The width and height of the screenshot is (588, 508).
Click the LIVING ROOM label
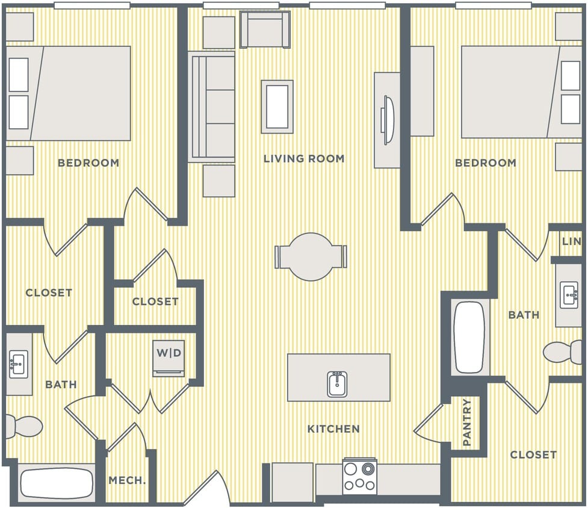(x=304, y=159)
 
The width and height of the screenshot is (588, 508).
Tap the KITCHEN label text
(x=333, y=429)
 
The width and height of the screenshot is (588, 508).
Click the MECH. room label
(x=126, y=480)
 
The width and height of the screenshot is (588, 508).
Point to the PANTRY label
(x=468, y=423)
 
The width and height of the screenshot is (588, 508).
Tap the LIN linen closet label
(x=571, y=241)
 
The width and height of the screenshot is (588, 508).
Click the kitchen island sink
(x=338, y=383)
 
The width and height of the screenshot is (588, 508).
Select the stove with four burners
(x=359, y=476)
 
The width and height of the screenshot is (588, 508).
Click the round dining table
(x=311, y=257)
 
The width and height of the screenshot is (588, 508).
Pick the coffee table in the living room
(x=277, y=107)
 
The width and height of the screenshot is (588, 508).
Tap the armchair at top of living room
(x=264, y=29)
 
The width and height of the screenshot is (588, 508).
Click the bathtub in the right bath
(x=469, y=337)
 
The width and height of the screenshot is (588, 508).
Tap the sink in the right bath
(x=569, y=296)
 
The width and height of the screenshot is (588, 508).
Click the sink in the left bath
(x=18, y=364)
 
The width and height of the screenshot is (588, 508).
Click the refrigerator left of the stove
(x=292, y=482)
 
